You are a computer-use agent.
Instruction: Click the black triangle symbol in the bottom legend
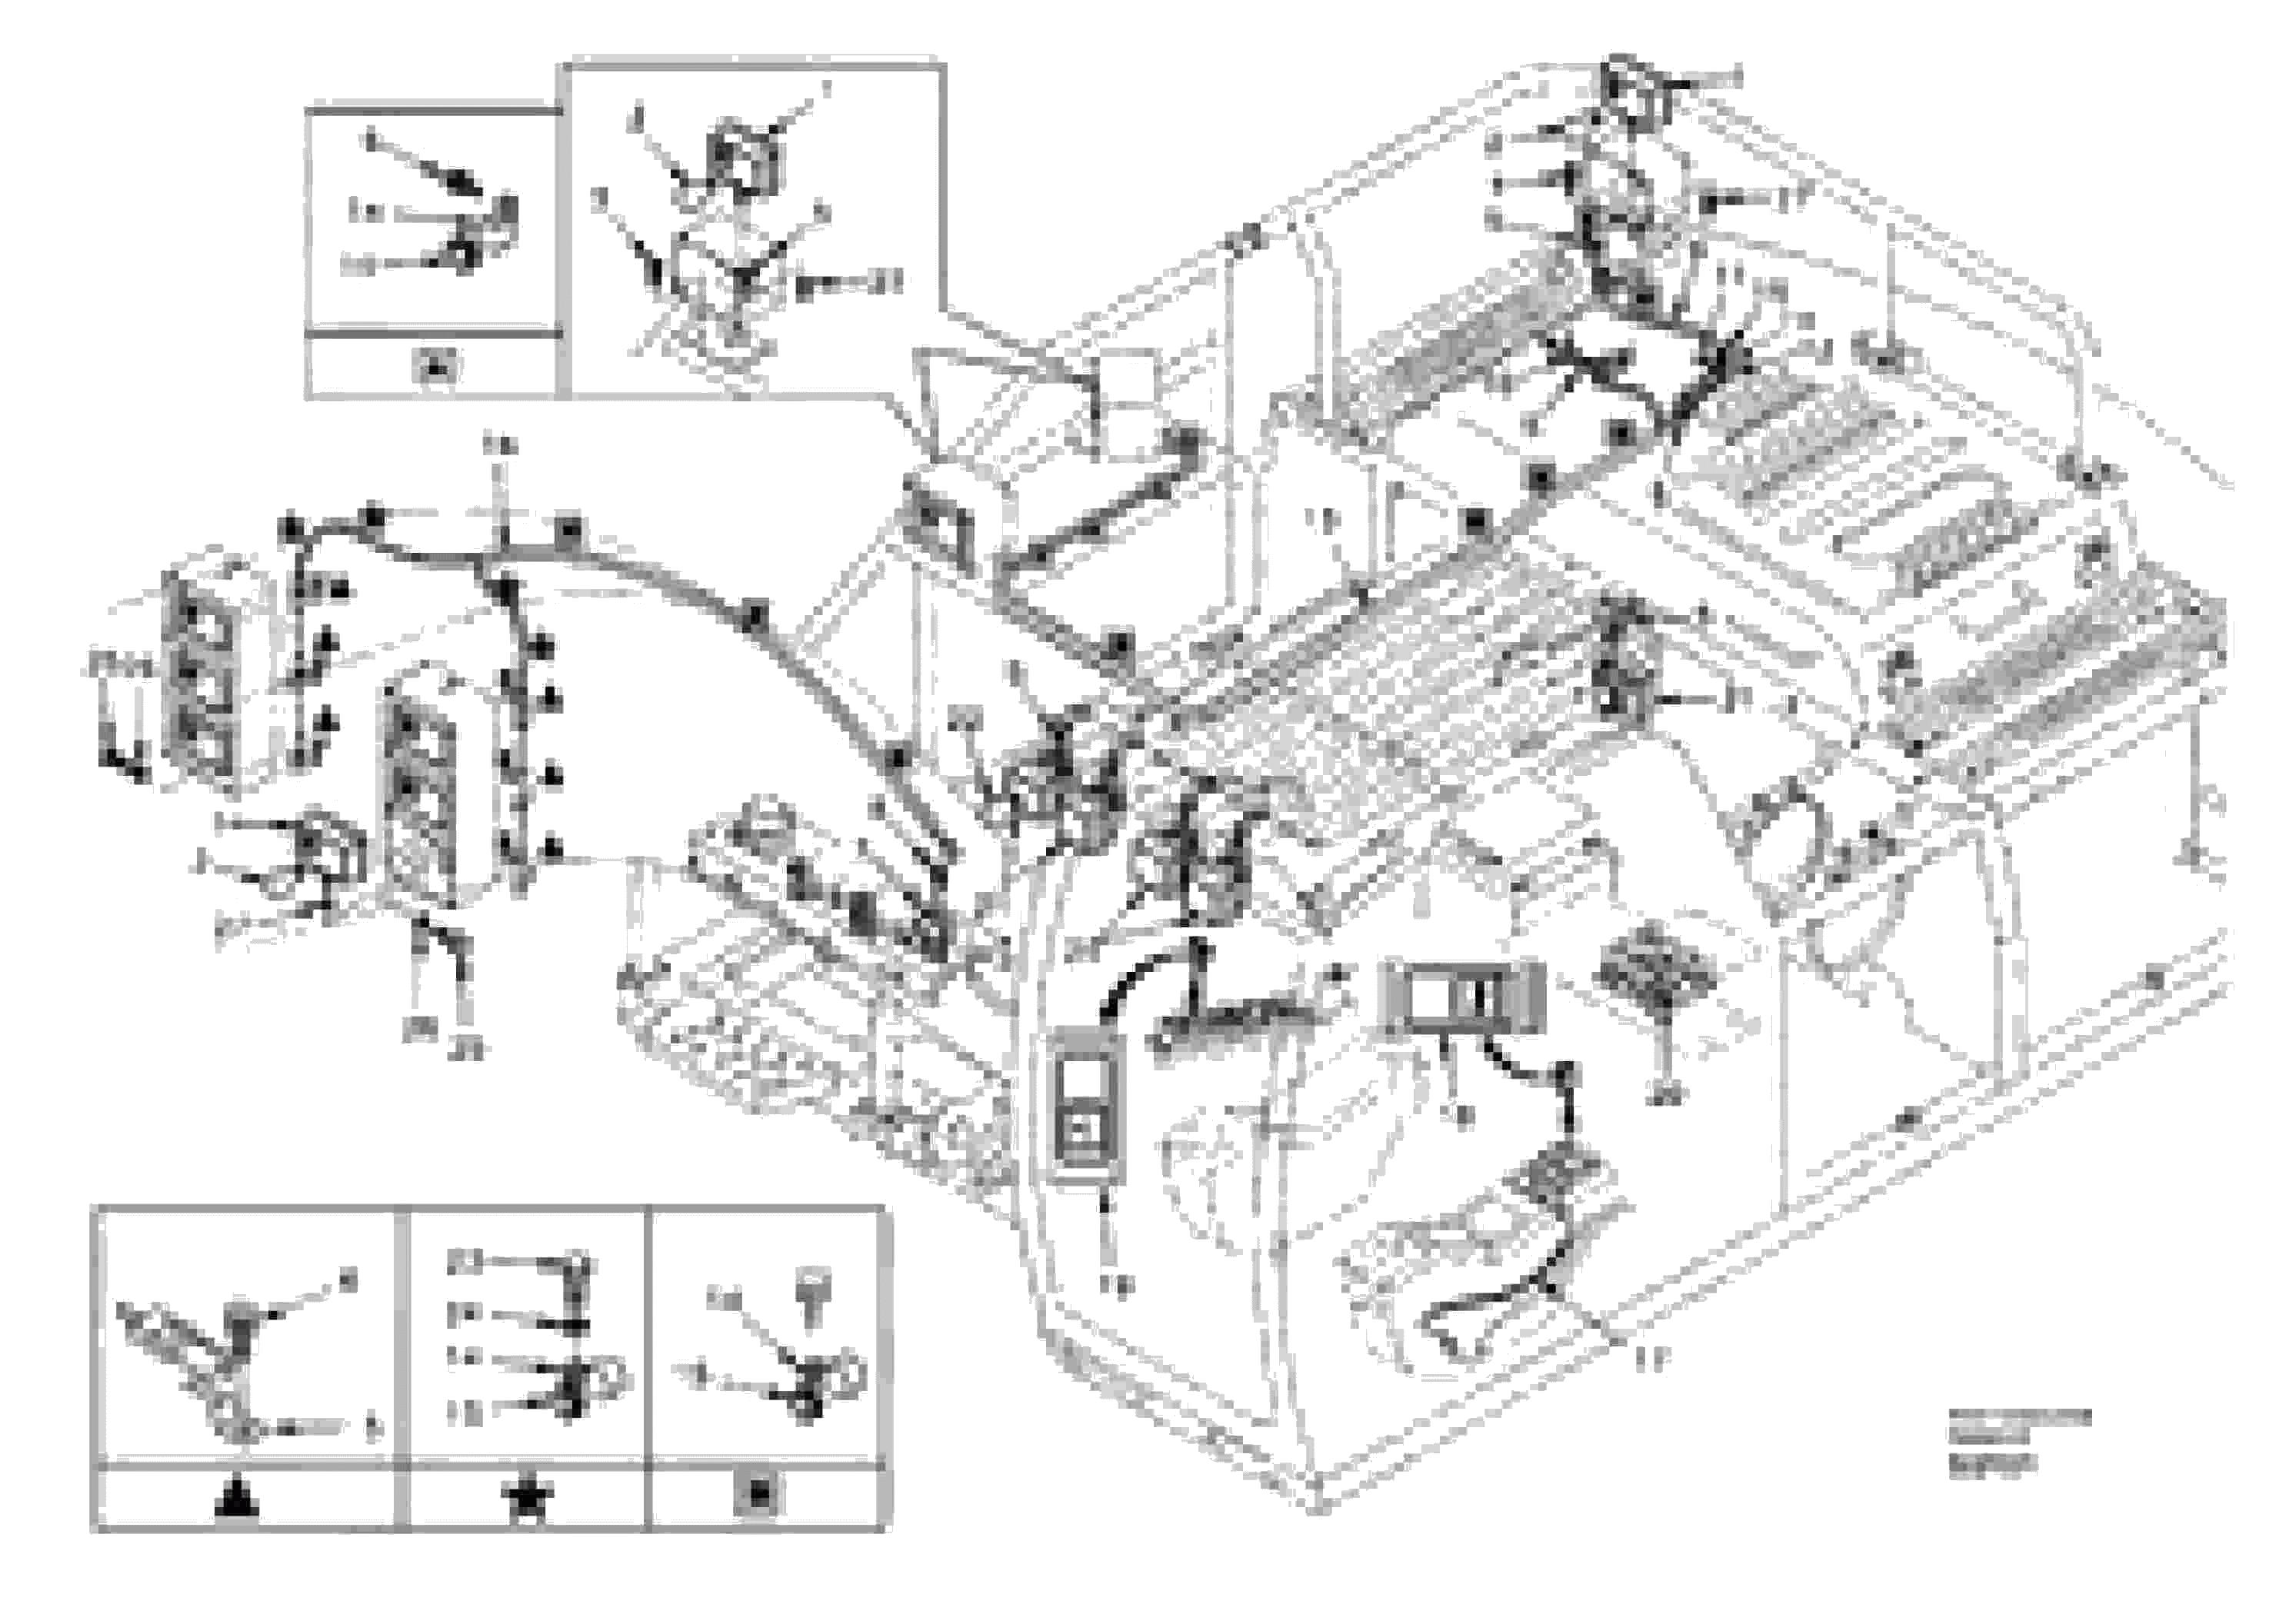pos(238,1499)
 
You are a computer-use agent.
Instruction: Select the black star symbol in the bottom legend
pos(529,1499)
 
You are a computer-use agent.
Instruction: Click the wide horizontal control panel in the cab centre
pos(1461,996)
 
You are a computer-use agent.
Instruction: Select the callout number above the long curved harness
pos(499,446)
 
